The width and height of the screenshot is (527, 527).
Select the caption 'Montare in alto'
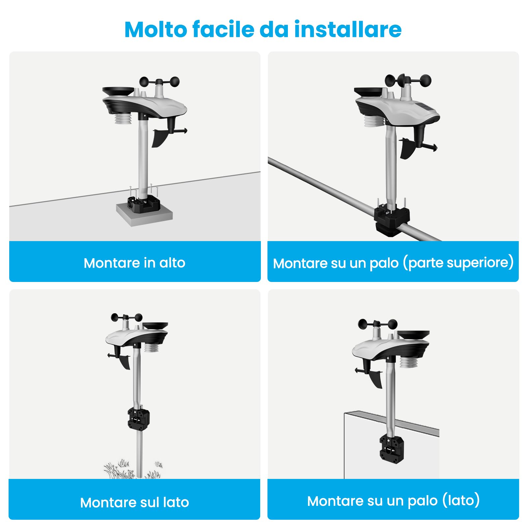pos(134,263)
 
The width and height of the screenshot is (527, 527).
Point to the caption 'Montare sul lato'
pos(134,502)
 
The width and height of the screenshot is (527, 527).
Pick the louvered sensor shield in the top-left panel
pos(124,119)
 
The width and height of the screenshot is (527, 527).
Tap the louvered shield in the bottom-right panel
pos(409,362)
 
